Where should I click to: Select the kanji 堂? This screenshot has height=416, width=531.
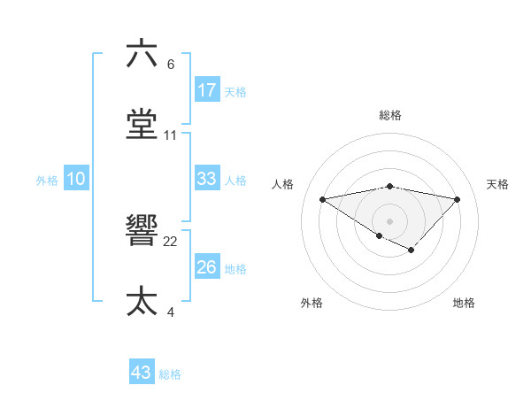click(142, 124)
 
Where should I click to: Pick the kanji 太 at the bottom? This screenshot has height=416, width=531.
click(142, 301)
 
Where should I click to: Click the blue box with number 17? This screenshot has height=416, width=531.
click(206, 90)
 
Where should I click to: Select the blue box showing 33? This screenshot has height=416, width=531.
click(206, 179)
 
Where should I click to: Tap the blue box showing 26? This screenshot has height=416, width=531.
click(206, 267)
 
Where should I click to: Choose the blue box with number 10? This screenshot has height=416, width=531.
click(75, 179)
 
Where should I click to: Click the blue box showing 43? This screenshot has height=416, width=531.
click(141, 373)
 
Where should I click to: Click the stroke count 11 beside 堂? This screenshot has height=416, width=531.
click(171, 135)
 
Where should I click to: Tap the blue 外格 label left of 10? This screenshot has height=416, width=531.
click(47, 180)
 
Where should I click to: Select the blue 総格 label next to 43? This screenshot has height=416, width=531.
click(170, 374)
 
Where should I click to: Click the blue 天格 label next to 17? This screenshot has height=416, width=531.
click(235, 91)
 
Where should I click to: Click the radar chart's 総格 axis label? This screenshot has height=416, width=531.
click(390, 115)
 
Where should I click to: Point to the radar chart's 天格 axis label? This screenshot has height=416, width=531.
click(498, 184)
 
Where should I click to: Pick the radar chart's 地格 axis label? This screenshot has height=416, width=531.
click(464, 303)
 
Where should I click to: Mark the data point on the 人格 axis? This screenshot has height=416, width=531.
click(322, 198)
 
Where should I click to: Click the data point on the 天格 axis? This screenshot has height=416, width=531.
click(458, 199)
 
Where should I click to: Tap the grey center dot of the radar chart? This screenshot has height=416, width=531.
click(389, 220)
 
